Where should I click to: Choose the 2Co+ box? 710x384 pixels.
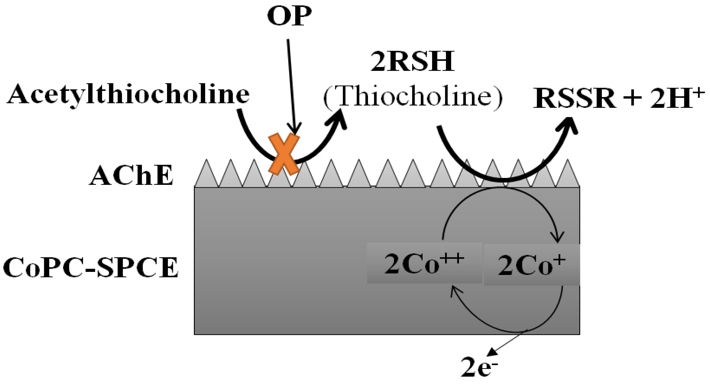pos(532,265)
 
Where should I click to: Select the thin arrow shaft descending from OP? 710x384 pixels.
pos(291,83)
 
